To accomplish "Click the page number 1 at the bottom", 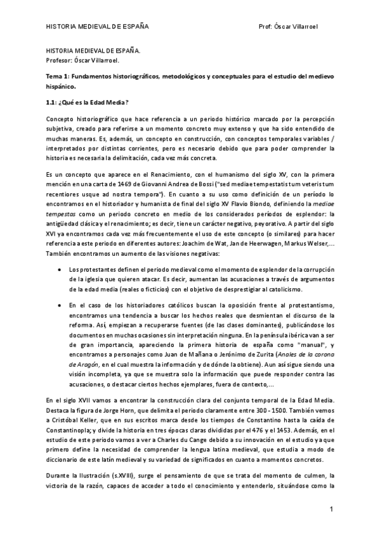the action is click(331, 510).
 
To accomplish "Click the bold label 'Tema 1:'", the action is click(59, 75).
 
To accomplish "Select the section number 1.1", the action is click(51, 103).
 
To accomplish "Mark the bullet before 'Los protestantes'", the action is click(59, 269).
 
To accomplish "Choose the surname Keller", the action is click(96, 419).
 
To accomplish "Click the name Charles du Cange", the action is click(172, 439).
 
